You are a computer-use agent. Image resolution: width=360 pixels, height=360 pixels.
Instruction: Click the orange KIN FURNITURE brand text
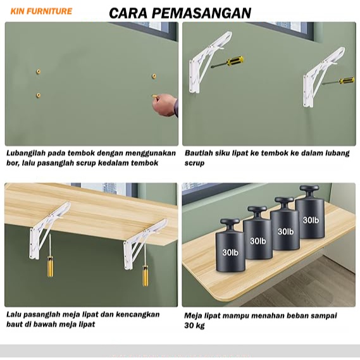pyautogui.click(x=41, y=11)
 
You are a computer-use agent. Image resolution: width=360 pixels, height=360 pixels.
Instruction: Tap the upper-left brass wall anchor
pyautogui.click(x=39, y=71)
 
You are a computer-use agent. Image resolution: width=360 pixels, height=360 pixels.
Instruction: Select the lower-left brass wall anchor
pyautogui.click(x=39, y=95)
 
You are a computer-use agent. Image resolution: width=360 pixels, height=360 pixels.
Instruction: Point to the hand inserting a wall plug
pyautogui.click(x=165, y=105)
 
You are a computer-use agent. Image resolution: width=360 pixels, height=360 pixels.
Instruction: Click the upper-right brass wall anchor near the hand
pyautogui.click(x=154, y=76)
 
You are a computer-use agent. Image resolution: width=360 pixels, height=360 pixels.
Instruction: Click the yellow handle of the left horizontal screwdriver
pyautogui.click(x=235, y=61)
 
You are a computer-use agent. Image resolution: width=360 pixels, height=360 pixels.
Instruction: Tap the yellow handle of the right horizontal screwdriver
pyautogui.click(x=347, y=80)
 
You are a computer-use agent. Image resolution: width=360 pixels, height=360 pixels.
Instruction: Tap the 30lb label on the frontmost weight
pyautogui.click(x=230, y=252)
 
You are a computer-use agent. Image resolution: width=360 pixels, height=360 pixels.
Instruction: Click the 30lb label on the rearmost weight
pyautogui.click(x=311, y=220)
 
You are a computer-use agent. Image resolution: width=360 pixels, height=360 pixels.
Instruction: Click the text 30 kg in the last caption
pyautogui.click(x=194, y=326)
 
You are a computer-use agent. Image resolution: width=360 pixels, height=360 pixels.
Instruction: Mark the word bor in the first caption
pyautogui.click(x=12, y=163)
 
